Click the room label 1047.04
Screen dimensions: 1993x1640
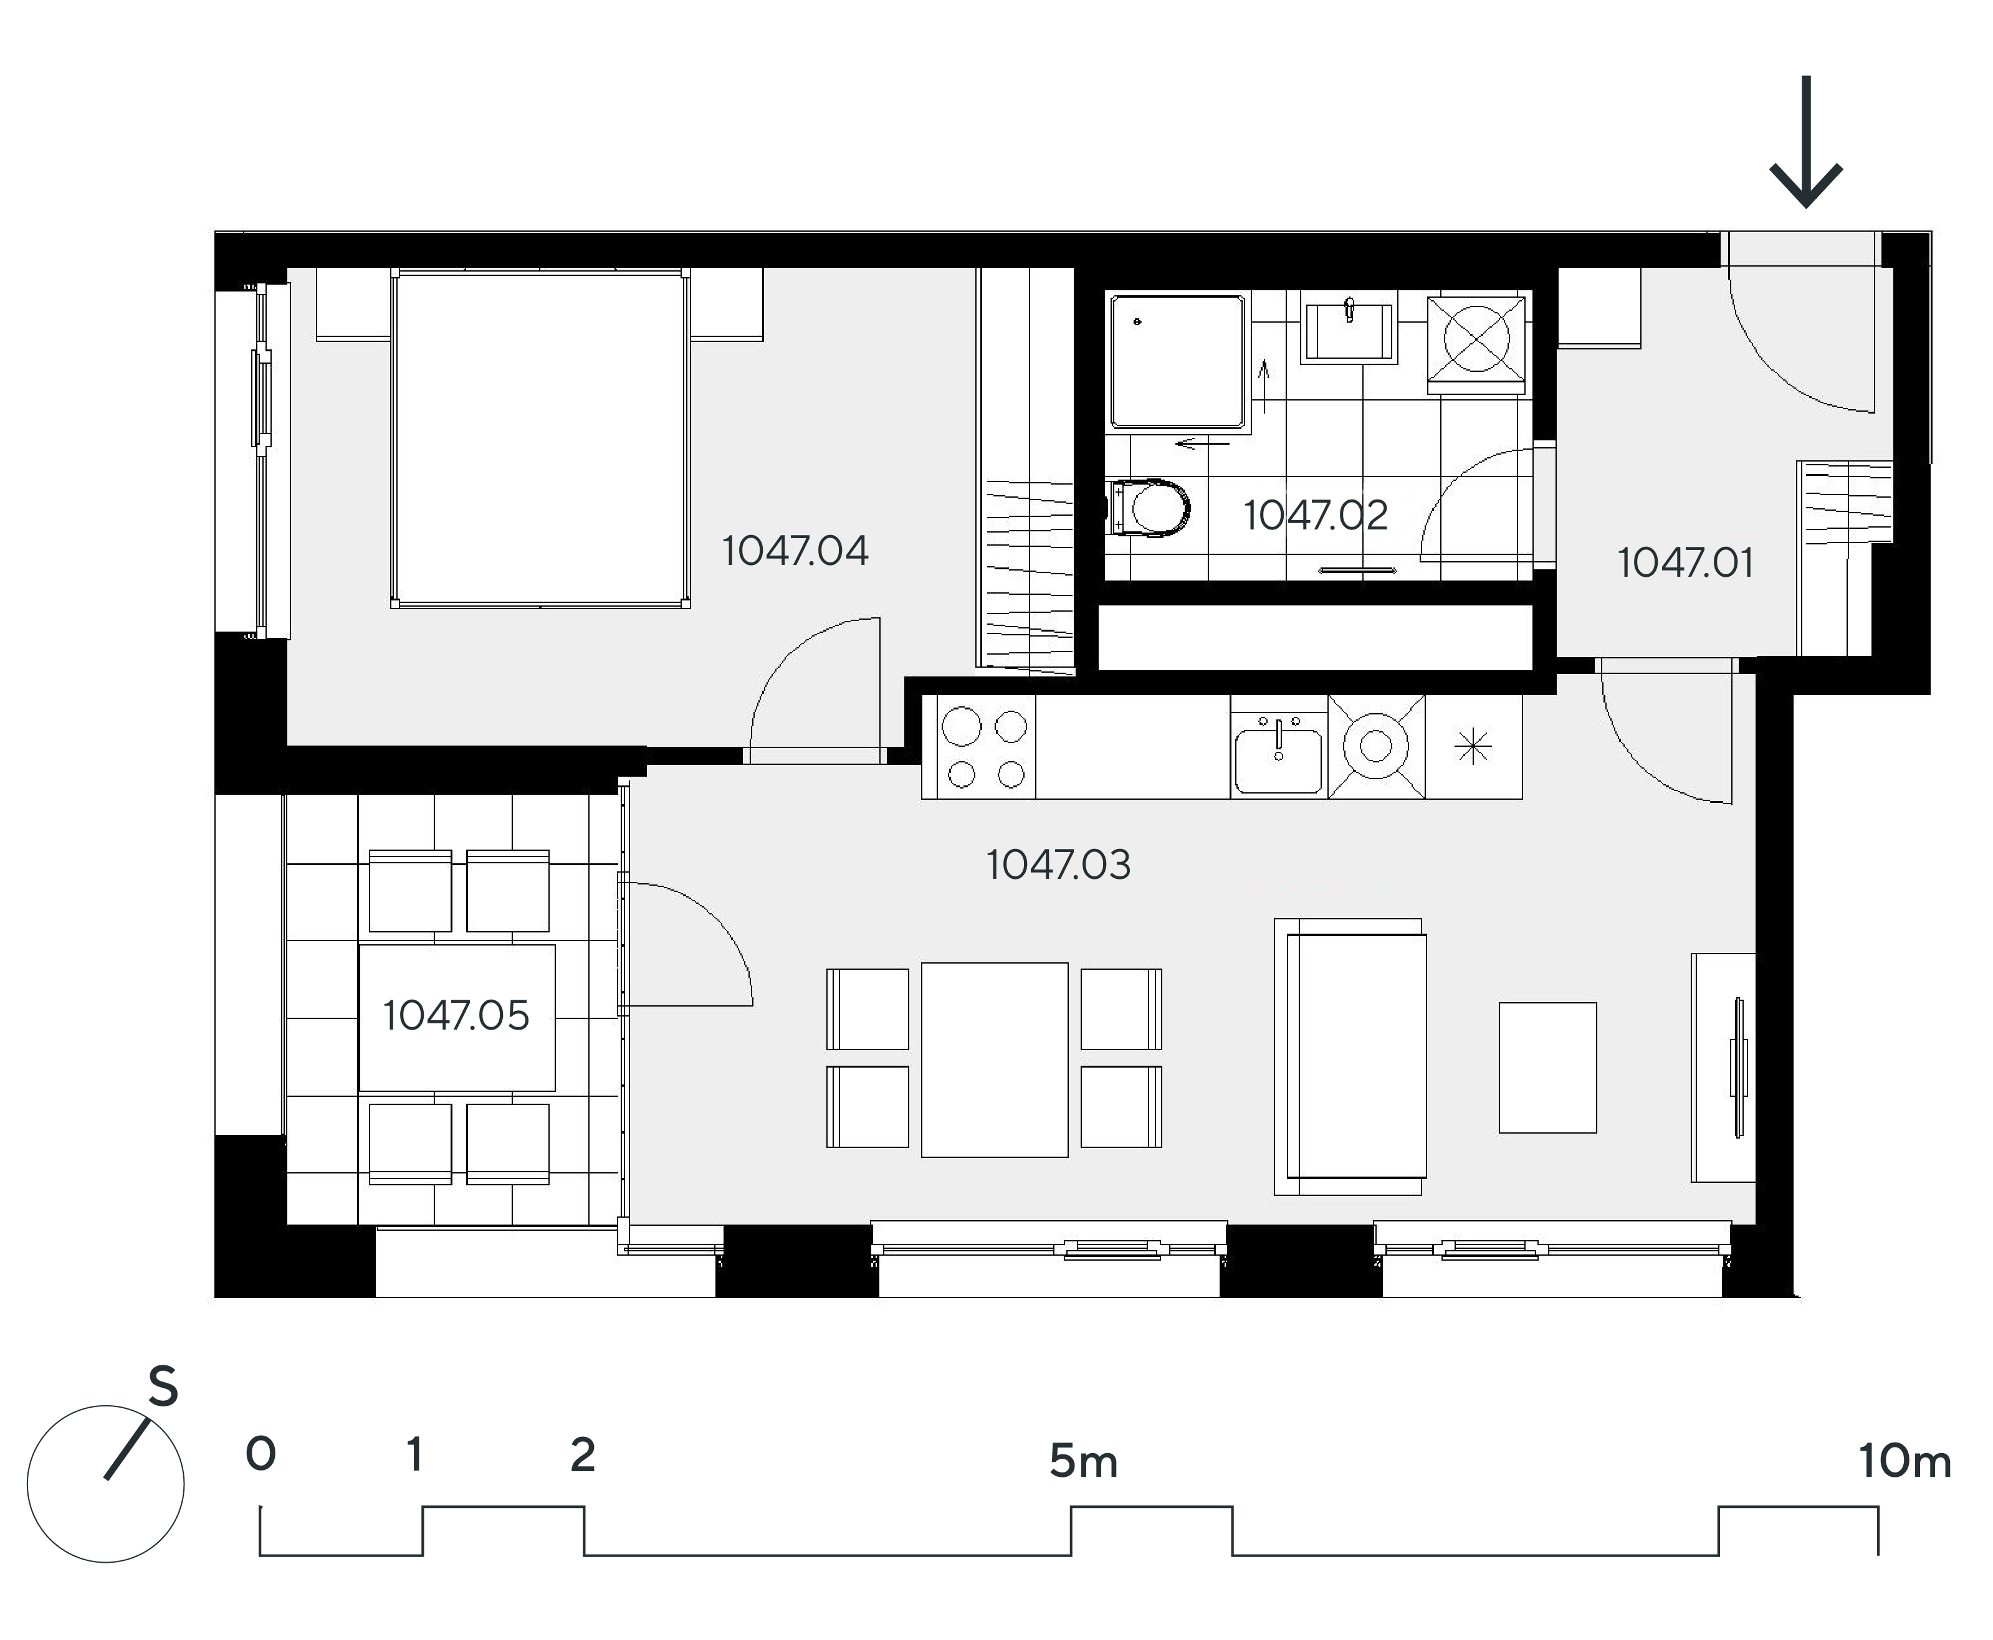tap(795, 551)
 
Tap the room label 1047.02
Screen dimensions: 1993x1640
tap(1316, 515)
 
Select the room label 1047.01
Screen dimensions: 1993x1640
tap(1686, 563)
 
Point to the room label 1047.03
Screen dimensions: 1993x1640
tap(1058, 865)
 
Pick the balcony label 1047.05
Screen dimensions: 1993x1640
tap(456, 1015)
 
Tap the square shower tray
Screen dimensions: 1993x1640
tap(1178, 362)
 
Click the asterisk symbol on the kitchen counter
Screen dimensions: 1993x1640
tap(1473, 748)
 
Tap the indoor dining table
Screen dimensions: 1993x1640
tap(994, 1059)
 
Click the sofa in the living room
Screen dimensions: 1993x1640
tap(1349, 1057)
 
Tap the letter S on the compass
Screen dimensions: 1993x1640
tap(163, 1387)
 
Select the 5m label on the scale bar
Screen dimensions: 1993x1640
tap(1084, 1461)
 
